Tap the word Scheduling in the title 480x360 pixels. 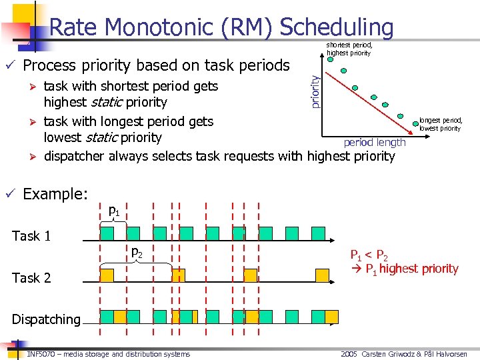(x=337, y=27)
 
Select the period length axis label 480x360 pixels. (x=374, y=142)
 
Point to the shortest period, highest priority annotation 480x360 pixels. (x=349, y=49)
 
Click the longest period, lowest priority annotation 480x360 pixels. (x=439, y=125)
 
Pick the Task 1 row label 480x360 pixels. (x=31, y=236)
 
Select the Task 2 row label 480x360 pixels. (x=31, y=278)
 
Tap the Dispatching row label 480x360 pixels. (x=45, y=319)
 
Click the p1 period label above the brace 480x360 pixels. (x=114, y=211)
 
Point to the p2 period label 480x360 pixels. (x=136, y=253)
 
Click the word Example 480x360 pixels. (x=55, y=194)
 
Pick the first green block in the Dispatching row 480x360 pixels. (x=107, y=316)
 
